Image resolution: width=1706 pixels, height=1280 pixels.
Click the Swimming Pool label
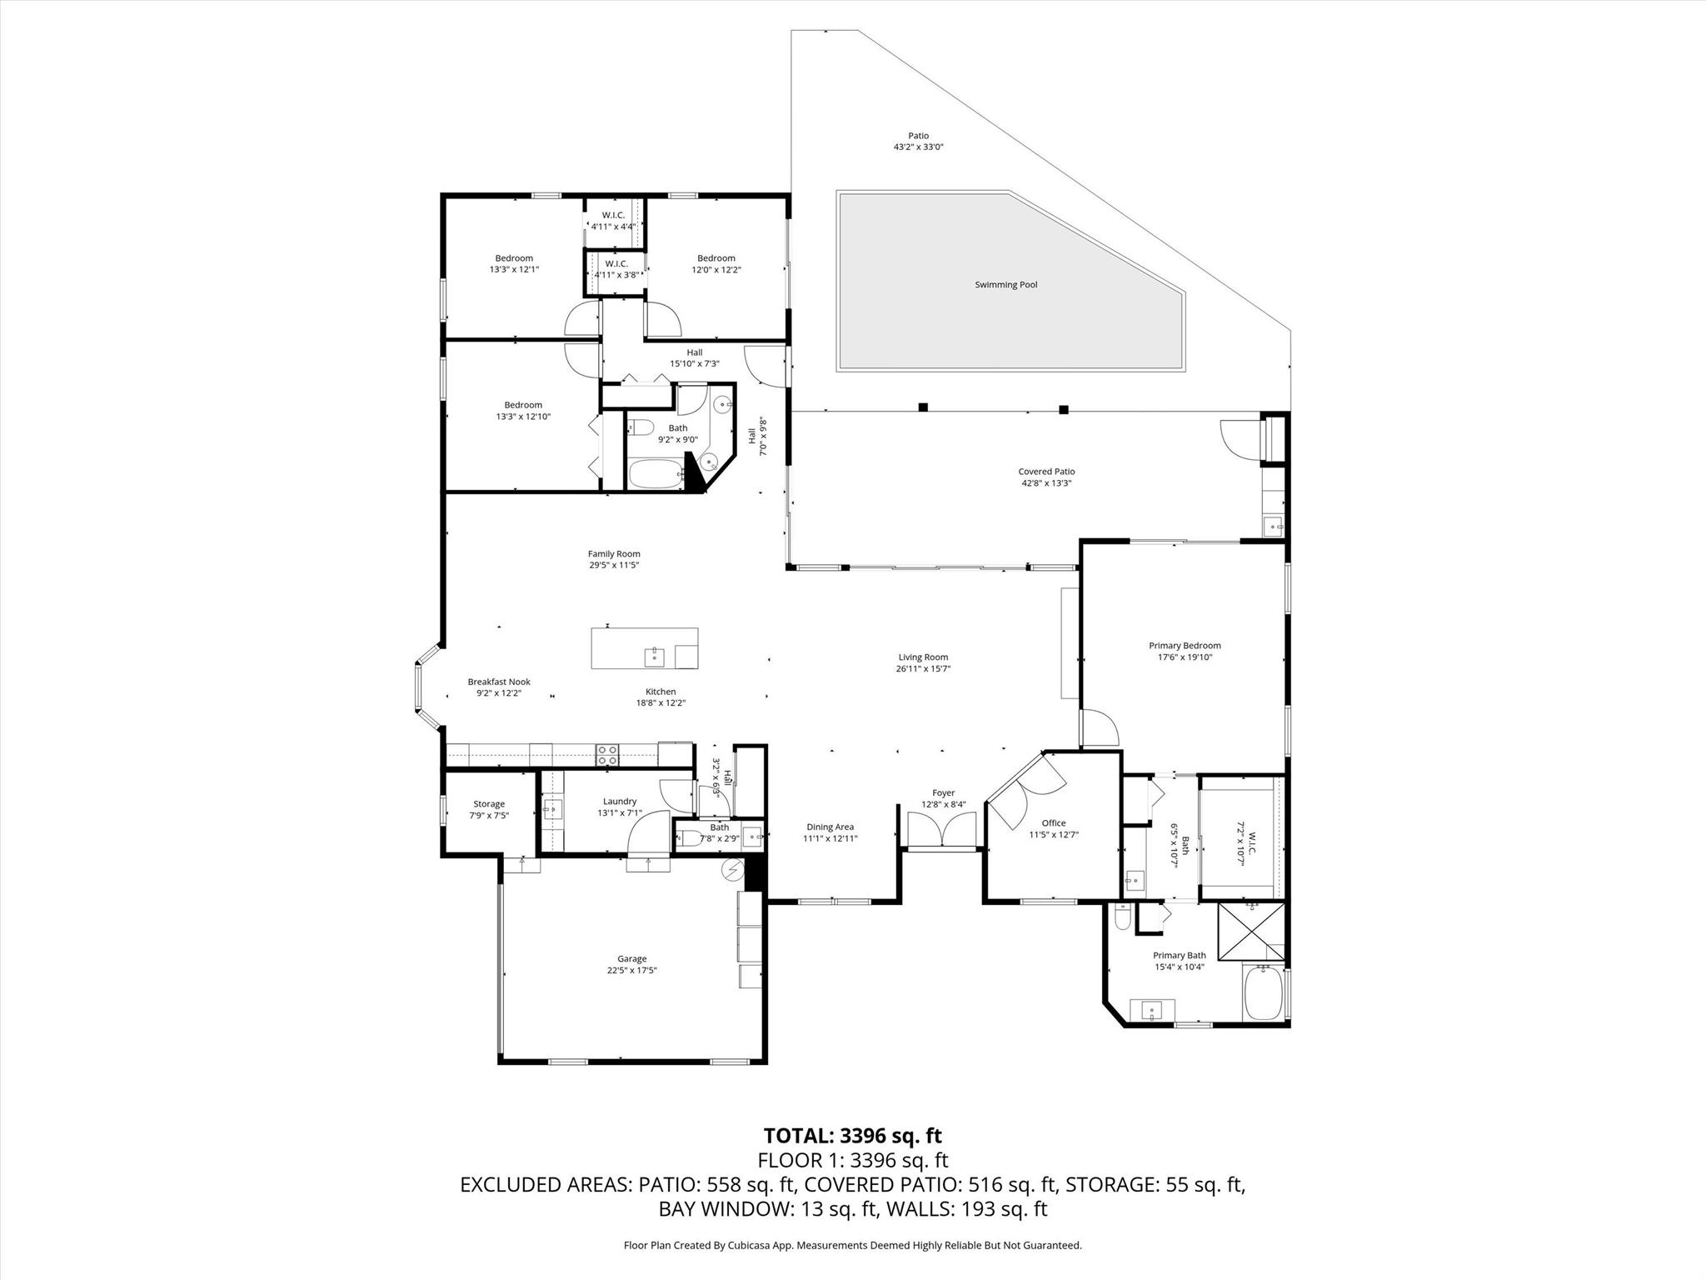[x=1005, y=285]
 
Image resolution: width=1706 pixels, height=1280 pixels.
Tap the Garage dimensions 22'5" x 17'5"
[x=631, y=970]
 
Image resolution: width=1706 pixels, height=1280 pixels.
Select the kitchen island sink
[x=655, y=657]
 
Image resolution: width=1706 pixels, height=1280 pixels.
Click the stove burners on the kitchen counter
[x=607, y=755]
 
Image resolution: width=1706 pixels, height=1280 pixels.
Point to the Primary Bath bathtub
[x=1263, y=993]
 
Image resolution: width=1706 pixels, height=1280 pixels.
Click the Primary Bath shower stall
[x=1251, y=932]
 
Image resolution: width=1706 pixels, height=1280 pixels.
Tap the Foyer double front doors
[x=942, y=830]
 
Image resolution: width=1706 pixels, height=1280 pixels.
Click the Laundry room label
[x=620, y=802]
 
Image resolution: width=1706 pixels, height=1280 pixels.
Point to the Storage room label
[x=489, y=804]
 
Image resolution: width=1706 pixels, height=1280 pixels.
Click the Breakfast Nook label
[x=498, y=682]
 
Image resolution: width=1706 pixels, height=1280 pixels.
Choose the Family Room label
[x=614, y=554]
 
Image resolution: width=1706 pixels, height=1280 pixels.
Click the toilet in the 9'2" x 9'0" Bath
[x=639, y=429]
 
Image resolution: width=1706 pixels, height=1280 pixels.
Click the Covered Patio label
[x=1046, y=472]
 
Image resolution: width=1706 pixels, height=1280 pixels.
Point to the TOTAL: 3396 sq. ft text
[x=852, y=1136]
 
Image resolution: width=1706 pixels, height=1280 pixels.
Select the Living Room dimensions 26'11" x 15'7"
[x=922, y=668]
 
